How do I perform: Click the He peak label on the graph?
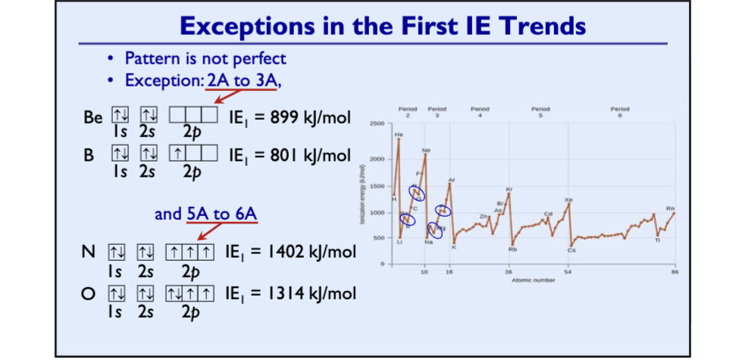(399, 134)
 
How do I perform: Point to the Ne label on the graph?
(426, 150)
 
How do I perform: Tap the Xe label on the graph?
(568, 199)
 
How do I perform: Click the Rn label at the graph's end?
(670, 208)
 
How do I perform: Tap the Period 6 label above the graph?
(619, 111)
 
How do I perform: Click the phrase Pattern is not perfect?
(205, 58)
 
